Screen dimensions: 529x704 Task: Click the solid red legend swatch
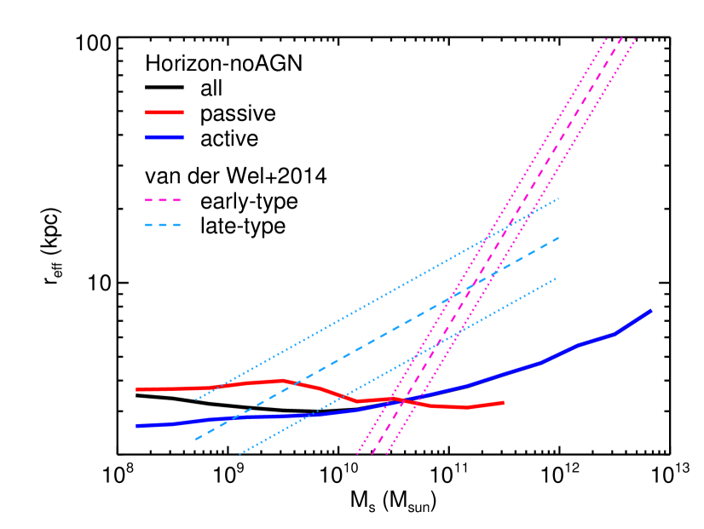pyautogui.click(x=164, y=112)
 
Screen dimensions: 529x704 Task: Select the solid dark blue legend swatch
pyautogui.click(x=164, y=137)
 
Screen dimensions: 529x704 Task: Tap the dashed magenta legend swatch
pyautogui.click(x=163, y=200)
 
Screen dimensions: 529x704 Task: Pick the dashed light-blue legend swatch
pyautogui.click(x=163, y=225)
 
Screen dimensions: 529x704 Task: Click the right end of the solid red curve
pyautogui.click(x=503, y=402)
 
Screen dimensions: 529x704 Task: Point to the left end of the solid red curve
pyautogui.click(x=136, y=389)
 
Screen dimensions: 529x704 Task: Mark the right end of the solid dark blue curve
pyautogui.click(x=651, y=311)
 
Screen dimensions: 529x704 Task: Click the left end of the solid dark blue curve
pyautogui.click(x=136, y=425)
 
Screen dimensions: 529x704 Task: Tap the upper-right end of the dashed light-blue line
pyautogui.click(x=559, y=238)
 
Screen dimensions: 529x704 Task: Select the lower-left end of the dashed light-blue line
pyautogui.click(x=195, y=440)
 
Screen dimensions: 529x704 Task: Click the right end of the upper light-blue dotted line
pyautogui.click(x=559, y=198)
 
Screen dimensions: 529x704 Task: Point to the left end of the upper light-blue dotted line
pyautogui.click(x=195, y=400)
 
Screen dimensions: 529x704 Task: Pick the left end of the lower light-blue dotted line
pyautogui.click(x=239, y=454)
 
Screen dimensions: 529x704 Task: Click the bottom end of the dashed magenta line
pyautogui.click(x=372, y=454)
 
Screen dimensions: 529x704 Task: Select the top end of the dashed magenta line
pyautogui.click(x=621, y=37)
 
